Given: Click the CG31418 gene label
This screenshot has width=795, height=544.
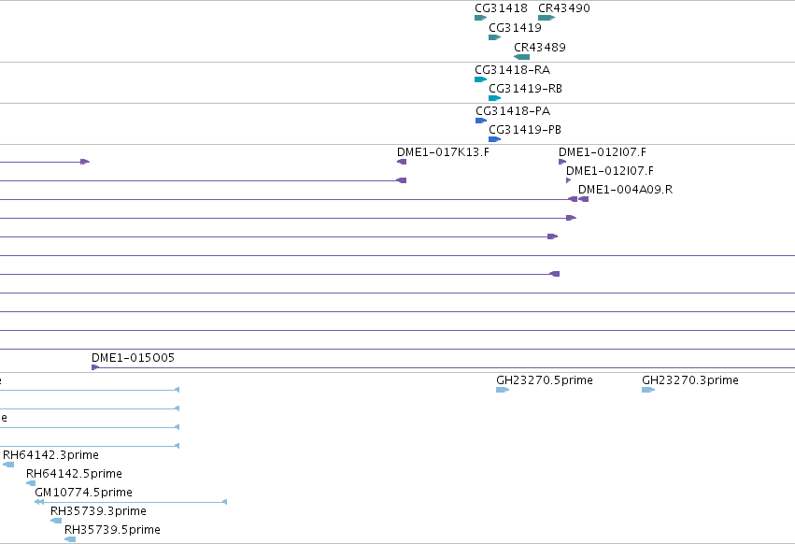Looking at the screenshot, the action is (501, 8).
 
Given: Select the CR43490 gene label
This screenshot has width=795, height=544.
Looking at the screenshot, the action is (564, 8).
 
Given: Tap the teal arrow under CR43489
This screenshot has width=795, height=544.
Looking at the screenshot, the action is (521, 57).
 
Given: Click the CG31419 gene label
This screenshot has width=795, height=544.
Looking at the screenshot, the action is (515, 27).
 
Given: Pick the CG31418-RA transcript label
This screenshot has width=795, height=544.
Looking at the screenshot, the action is (513, 69).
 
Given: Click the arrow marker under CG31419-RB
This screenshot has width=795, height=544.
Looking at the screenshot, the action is (495, 98).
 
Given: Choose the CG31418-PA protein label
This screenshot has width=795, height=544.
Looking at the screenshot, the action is (513, 110).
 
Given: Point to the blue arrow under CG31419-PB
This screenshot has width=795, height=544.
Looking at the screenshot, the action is (495, 139).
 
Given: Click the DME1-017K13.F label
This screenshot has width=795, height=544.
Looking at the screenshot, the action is (443, 152).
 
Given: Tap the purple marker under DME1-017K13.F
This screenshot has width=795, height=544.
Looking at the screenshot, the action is (402, 162).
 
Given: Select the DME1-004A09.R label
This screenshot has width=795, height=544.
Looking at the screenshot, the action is (625, 190).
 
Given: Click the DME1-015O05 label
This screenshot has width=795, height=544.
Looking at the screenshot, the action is (133, 358).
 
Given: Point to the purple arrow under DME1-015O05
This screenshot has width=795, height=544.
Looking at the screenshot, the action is (95, 367).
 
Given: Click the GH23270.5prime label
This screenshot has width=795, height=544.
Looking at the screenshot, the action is (545, 380).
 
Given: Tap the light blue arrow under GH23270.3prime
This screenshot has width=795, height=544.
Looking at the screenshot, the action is (648, 390).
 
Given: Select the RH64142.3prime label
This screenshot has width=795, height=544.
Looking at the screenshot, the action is (50, 454).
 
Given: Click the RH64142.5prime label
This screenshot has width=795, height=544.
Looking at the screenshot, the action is (74, 474).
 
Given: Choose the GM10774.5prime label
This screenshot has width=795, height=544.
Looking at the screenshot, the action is (84, 493).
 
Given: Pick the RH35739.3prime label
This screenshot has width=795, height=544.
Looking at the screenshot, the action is (98, 511).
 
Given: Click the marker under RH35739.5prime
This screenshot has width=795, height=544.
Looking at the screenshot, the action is (70, 539).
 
